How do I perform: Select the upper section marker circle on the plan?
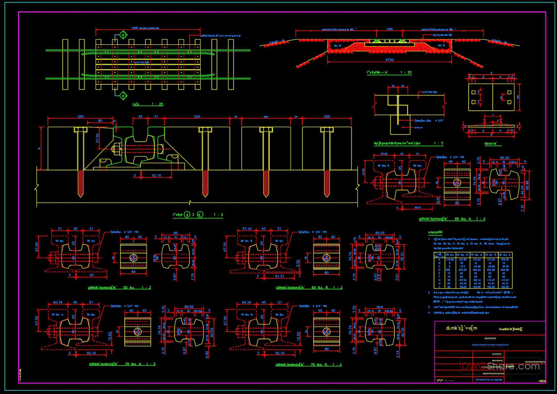[x=123, y=35]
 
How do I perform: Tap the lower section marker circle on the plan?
[x=123, y=96]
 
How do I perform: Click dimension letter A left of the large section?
[x=39, y=148]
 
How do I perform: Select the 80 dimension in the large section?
[x=100, y=121]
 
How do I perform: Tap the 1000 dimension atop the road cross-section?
[x=389, y=29]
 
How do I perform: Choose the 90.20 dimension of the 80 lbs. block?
[x=504, y=158]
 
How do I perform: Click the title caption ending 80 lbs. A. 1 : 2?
[x=452, y=219]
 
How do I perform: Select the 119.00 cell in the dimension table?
[x=450, y=260]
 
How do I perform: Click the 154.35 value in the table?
[x=505, y=260]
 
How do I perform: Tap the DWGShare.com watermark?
[x=501, y=366]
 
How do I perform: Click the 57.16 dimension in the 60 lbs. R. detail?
[x=247, y=229]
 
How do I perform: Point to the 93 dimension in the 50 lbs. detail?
[x=91, y=275]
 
